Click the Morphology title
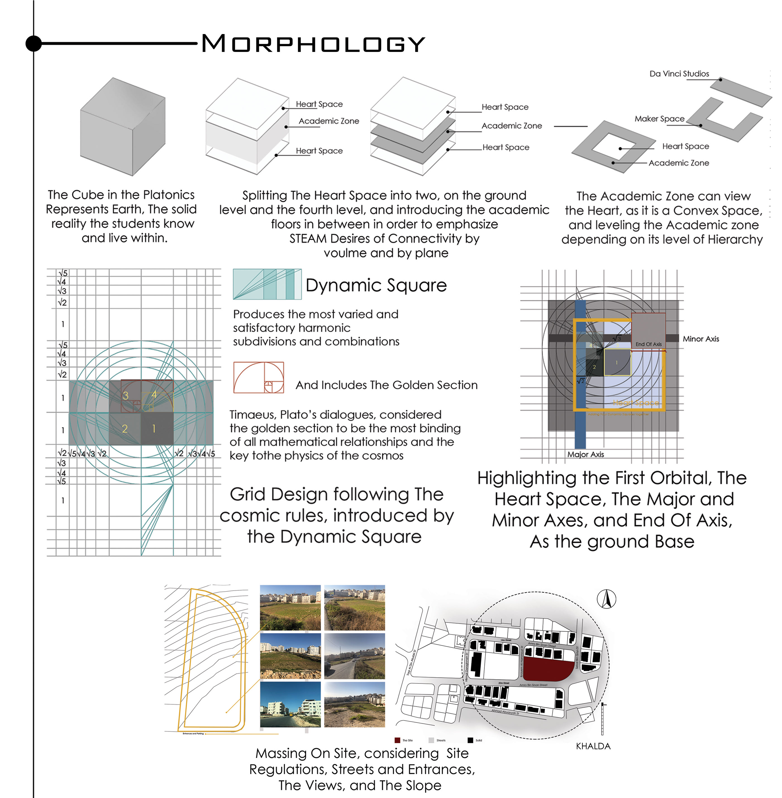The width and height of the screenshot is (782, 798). (x=313, y=44)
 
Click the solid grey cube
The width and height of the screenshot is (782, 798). (x=122, y=127)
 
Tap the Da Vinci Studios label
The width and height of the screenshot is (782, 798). (x=679, y=74)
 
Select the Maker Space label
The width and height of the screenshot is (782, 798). (x=659, y=119)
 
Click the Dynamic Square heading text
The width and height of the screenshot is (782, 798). (x=376, y=285)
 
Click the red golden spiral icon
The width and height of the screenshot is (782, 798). (x=258, y=377)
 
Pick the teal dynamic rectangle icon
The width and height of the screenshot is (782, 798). (x=267, y=284)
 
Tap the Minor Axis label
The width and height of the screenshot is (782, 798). (x=701, y=339)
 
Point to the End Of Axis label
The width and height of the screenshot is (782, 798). (x=648, y=344)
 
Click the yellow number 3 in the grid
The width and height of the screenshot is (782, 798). (x=126, y=395)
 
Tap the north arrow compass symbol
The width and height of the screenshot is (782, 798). (x=606, y=599)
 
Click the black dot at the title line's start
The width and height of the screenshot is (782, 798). (x=34, y=43)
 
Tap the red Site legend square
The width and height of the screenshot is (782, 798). (x=397, y=740)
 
